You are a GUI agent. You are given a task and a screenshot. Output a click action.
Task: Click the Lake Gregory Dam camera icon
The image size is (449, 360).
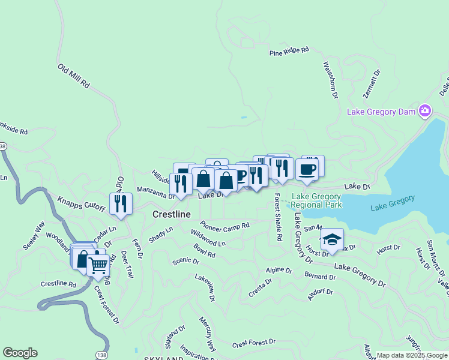[425, 110]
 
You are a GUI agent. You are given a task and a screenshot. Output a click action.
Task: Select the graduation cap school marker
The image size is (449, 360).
[332, 240]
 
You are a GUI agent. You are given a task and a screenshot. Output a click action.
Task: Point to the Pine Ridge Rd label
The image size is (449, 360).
[289, 52]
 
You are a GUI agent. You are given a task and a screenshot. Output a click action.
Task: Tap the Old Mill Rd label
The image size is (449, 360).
[73, 76]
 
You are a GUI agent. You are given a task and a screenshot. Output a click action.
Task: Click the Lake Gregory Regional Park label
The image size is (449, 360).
[317, 200]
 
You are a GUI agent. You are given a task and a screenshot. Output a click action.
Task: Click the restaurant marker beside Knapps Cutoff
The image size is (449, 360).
[121, 204]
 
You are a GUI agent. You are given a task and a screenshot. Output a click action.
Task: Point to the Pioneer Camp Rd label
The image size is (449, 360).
[224, 226]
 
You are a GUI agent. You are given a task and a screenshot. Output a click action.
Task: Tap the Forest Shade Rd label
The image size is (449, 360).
[278, 217]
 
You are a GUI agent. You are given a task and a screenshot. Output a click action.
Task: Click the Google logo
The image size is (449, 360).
[19, 353]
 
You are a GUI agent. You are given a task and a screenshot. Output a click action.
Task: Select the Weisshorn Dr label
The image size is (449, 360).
[331, 79]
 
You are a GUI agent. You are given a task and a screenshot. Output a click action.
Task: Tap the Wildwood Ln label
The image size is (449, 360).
[208, 238]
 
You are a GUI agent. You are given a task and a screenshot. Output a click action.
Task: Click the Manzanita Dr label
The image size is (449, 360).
[155, 192]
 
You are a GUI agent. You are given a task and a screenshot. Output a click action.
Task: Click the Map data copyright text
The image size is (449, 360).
[412, 355]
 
